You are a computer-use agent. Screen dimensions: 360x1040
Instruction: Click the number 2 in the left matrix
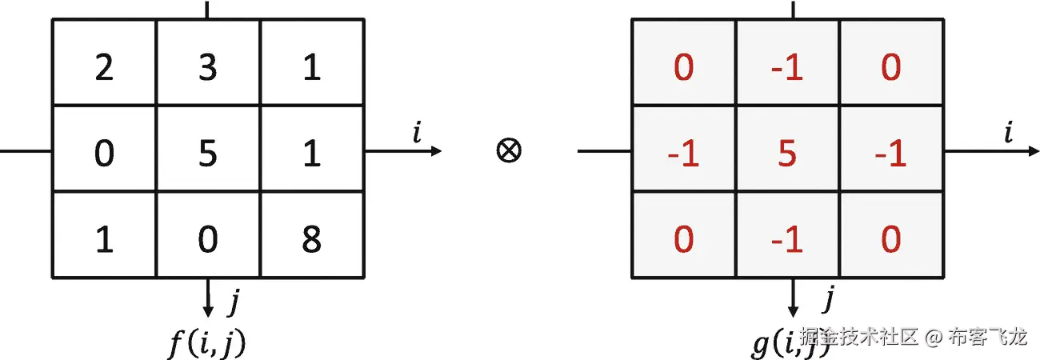[104, 68]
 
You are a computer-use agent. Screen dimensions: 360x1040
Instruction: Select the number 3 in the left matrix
[208, 68]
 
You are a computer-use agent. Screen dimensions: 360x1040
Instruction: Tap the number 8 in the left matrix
[311, 239]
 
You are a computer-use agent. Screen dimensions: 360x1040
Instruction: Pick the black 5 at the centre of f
[208, 154]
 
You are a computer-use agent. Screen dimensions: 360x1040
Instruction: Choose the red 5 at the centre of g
[787, 154]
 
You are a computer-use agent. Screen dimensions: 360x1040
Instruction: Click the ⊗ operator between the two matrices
[509, 151]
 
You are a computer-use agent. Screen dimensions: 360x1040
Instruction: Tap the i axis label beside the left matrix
[417, 133]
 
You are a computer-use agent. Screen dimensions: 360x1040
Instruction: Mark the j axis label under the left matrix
[234, 302]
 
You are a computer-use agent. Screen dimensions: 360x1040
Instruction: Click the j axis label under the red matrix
[830, 300]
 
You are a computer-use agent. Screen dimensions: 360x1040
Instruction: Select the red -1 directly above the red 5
[787, 68]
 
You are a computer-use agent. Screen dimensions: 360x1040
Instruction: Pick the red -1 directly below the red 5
[787, 239]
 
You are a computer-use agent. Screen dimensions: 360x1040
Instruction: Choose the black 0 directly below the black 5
[208, 239]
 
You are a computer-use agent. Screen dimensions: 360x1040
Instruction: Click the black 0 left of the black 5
[104, 154]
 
